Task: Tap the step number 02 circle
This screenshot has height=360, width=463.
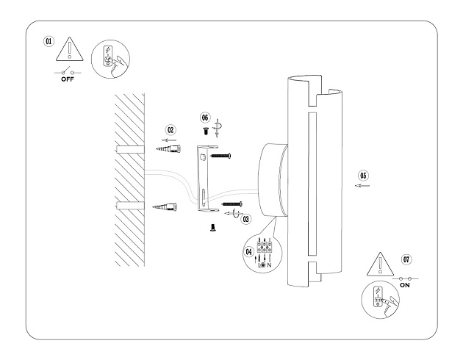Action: [x=171, y=126]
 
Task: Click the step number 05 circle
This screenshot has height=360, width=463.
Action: [x=362, y=176]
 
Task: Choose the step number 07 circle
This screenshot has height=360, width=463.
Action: [x=407, y=259]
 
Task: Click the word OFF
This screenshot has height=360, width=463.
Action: [x=68, y=80]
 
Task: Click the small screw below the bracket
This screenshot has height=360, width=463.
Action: [x=212, y=228]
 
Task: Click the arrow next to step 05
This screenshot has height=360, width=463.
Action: [x=362, y=187]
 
